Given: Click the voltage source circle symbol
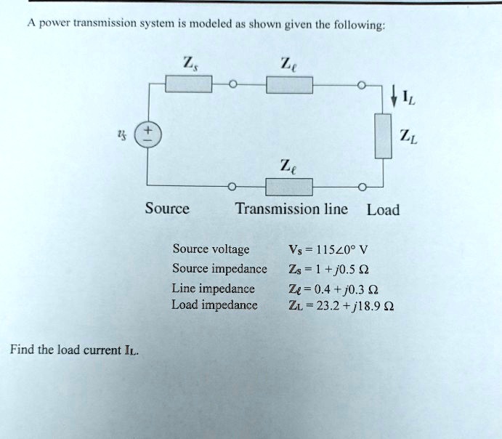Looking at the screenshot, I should tap(147, 135).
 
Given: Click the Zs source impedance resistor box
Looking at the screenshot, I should tap(189, 86).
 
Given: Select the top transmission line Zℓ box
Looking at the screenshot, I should tap(290, 86).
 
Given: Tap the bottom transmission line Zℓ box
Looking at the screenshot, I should tap(290, 187).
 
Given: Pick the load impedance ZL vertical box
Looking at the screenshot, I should tap(383, 135).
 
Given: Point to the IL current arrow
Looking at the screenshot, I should tap(393, 94).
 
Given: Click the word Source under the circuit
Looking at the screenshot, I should tap(167, 209).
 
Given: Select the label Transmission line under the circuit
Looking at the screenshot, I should tap(291, 209).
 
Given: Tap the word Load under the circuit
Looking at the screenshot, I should tap(383, 211).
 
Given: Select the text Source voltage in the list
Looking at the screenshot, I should tap(211, 250).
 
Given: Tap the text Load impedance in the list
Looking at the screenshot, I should tap(214, 305).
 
